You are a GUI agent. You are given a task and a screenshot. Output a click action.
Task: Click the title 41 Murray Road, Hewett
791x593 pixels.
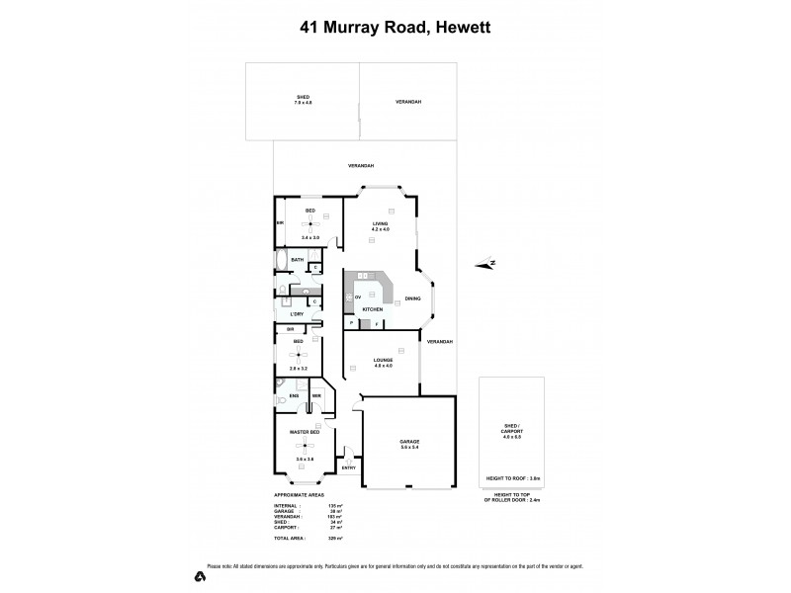tap(395, 28)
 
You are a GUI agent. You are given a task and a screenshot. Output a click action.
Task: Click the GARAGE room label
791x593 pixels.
tap(409, 441)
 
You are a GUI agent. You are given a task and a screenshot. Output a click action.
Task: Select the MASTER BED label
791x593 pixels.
tap(304, 433)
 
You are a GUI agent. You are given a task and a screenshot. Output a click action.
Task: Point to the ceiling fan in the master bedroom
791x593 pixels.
tap(303, 446)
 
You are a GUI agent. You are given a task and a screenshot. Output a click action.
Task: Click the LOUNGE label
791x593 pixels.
tap(384, 360)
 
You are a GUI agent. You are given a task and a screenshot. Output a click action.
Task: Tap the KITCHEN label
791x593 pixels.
tap(372, 310)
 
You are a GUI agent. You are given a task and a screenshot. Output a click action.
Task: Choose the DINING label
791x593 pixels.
tap(413, 298)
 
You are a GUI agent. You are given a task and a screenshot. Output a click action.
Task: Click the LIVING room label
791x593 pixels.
tap(380, 223)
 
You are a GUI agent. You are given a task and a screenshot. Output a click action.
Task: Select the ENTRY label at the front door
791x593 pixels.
tap(348, 467)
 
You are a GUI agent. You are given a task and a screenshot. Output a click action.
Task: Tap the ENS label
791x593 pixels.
tap(294, 396)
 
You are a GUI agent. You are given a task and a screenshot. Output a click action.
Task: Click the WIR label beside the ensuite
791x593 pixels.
tap(316, 396)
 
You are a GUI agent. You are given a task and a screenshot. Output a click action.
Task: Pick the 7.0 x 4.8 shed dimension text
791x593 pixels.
tap(303, 103)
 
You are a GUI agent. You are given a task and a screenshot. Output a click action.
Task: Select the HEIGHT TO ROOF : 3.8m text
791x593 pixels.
tap(511, 476)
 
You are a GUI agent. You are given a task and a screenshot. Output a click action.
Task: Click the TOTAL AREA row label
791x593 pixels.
tap(291, 539)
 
